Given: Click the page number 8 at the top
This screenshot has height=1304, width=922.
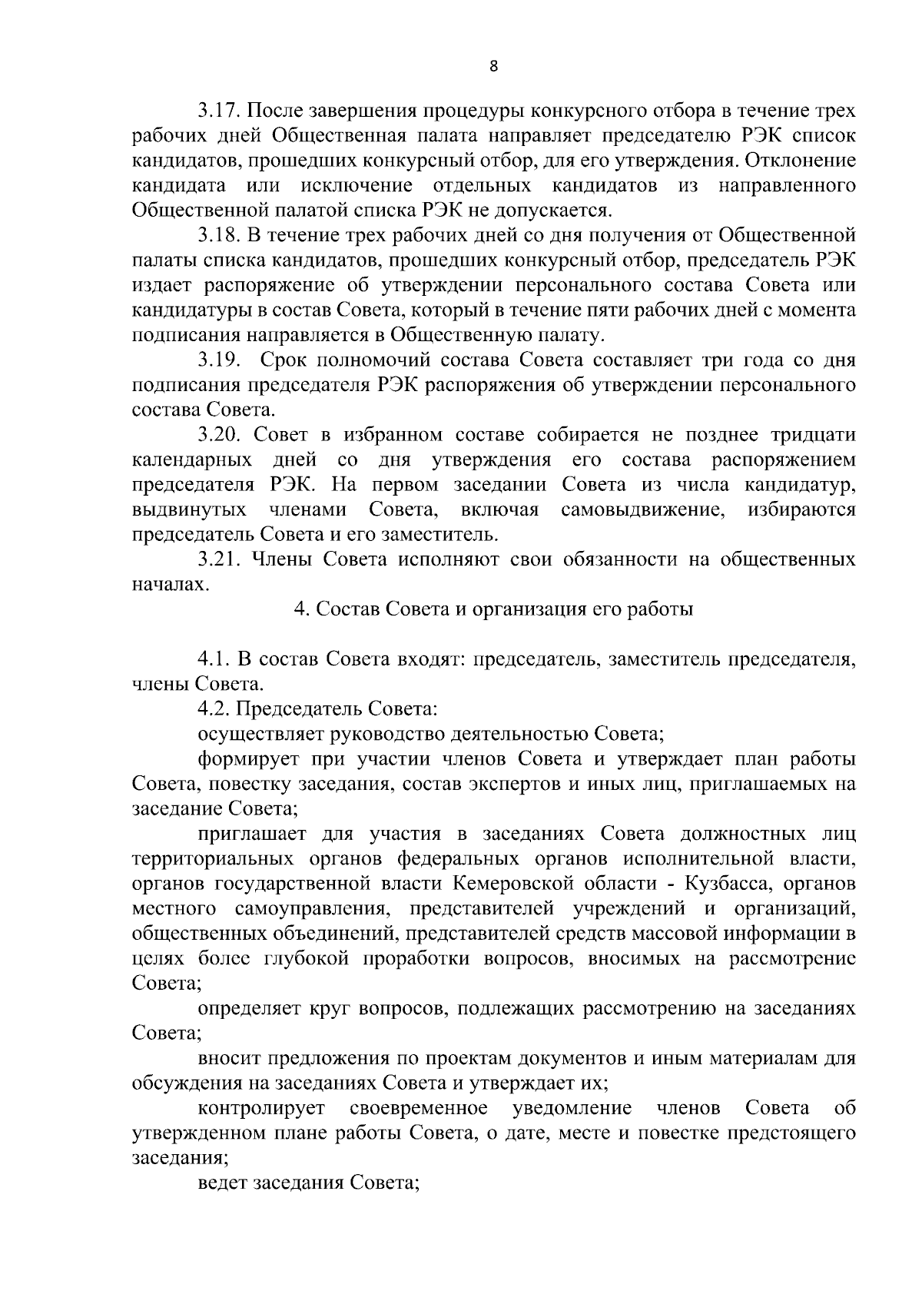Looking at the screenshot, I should pos(493,67).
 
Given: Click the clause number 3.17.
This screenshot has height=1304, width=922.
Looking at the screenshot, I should pos(221,111).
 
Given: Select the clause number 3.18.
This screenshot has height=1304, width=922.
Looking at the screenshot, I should pos(221,235).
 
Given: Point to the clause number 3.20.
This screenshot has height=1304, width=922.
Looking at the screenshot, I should pos(221,436).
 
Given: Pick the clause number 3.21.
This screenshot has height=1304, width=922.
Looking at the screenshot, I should pos(221,560).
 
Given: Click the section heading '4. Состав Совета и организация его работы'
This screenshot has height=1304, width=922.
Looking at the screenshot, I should pos(493,609).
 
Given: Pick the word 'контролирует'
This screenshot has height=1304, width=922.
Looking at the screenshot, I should pos(261,1108).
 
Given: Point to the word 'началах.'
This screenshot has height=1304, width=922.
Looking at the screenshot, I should pos(160,586).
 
